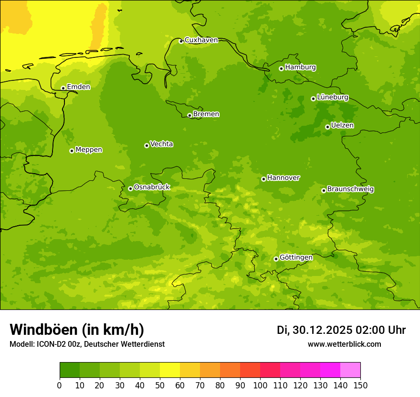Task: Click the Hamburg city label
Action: [x=300, y=67]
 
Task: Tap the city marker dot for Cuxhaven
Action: [x=181, y=41]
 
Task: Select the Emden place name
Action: [x=78, y=87]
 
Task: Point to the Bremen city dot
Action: [x=189, y=115]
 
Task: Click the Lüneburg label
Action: [x=332, y=97]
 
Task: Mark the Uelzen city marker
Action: [x=327, y=127]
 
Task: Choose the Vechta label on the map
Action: [x=161, y=144]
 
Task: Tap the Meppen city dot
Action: [x=72, y=151]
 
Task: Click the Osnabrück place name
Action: [x=152, y=187]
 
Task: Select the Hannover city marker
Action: [x=263, y=179]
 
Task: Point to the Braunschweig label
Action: [x=350, y=189]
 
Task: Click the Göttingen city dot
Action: [x=276, y=259]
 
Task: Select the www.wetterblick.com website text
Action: [x=344, y=344]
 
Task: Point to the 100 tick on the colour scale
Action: [x=260, y=385]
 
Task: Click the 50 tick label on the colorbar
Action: [x=160, y=385]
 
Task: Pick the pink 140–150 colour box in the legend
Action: [x=350, y=370]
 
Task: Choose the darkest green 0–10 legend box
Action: [x=70, y=370]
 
